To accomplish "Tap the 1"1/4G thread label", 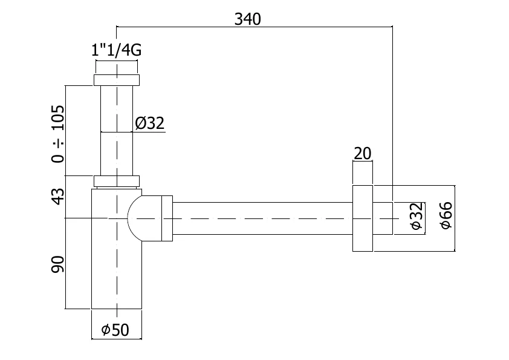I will click(x=116, y=51).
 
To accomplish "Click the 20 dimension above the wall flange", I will click(x=362, y=154).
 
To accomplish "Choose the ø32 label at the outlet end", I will click(x=415, y=217).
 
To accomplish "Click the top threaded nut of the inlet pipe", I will click(x=116, y=80).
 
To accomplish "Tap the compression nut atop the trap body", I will click(x=116, y=181).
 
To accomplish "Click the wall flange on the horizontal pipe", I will click(x=362, y=217).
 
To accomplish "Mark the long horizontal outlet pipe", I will click(x=260, y=217).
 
